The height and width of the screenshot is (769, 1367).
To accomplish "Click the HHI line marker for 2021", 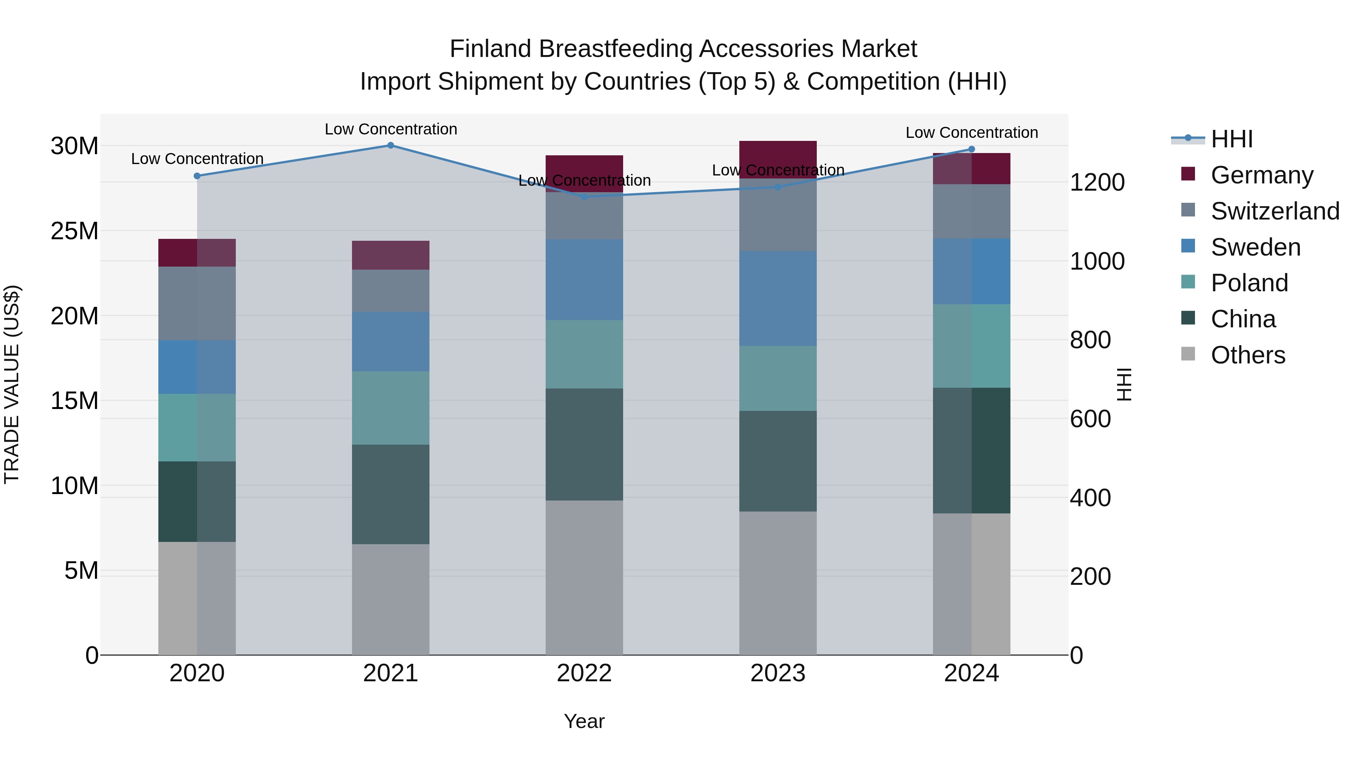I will (391, 145).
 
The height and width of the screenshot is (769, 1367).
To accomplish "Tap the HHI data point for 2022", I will (584, 197).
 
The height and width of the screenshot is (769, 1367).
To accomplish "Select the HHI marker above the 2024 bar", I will (972, 149).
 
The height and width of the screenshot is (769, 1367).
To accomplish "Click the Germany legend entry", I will (1262, 175).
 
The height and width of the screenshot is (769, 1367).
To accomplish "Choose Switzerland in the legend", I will (1275, 211).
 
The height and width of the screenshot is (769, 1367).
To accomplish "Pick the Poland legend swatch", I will (1188, 282).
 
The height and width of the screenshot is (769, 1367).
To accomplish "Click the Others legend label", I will (1248, 355).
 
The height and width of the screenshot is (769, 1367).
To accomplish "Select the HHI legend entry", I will (1231, 139).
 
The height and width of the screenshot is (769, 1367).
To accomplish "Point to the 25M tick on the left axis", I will (74, 231).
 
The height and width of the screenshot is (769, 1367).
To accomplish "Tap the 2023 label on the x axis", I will (778, 673).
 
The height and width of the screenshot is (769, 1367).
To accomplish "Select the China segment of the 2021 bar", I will (391, 494).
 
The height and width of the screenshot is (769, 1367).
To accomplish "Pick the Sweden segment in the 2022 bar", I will (584, 279).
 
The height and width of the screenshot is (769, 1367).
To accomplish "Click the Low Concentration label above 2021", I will (391, 129).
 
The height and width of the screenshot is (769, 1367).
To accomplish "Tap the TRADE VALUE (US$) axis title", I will (12, 384).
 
